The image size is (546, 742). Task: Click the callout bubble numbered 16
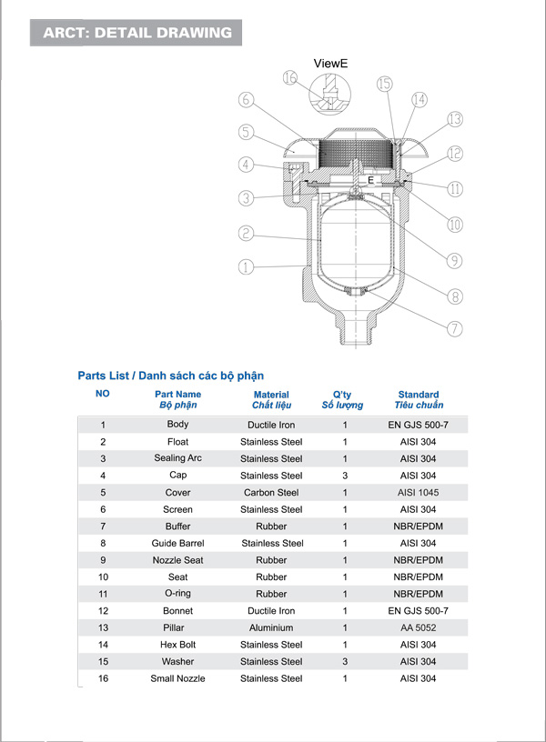pyautogui.click(x=290, y=78)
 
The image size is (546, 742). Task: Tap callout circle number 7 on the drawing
pyautogui.click(x=455, y=328)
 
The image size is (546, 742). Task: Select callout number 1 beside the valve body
pyautogui.click(x=245, y=267)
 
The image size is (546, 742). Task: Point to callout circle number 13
pyautogui.click(x=455, y=120)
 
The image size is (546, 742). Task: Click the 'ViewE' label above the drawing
pyautogui.click(x=330, y=64)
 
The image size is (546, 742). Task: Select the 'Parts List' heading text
pyautogui.click(x=171, y=376)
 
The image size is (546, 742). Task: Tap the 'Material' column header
pyautogui.click(x=271, y=396)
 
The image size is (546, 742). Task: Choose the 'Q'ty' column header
pyautogui.click(x=342, y=396)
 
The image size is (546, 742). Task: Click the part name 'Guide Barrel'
pyautogui.click(x=178, y=544)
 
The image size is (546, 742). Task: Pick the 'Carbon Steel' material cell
pyautogui.click(x=271, y=493)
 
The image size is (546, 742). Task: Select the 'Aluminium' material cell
pyautogui.click(x=271, y=628)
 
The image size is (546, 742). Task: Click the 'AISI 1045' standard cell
pyautogui.click(x=419, y=493)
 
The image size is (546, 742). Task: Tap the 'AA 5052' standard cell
pyautogui.click(x=419, y=628)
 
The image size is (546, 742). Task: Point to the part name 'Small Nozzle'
pyautogui.click(x=178, y=679)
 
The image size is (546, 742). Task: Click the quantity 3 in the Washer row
pyautogui.click(x=345, y=662)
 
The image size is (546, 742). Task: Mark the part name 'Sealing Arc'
pyautogui.click(x=178, y=459)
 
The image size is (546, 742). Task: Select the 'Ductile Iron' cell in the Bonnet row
pyautogui.click(x=271, y=611)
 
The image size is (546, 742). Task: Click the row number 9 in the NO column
pyautogui.click(x=103, y=560)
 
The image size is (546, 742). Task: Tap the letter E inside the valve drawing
pyautogui.click(x=370, y=181)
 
